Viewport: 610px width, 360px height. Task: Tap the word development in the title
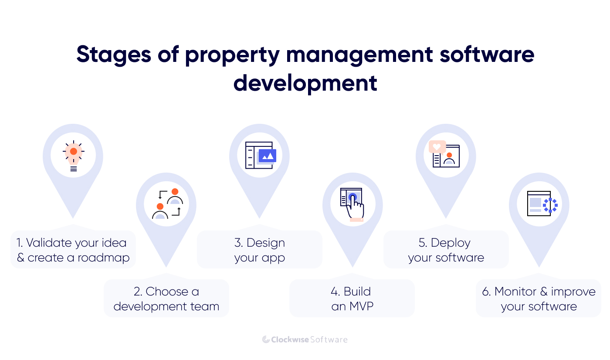pyautogui.click(x=305, y=83)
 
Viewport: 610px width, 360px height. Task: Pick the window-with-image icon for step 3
pyautogui.click(x=260, y=155)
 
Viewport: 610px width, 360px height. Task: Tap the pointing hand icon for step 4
pyautogui.click(x=353, y=204)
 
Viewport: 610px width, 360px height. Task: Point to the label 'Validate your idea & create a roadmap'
pyautogui.click(x=73, y=250)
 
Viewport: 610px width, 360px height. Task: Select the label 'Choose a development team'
pyautogui.click(x=166, y=299)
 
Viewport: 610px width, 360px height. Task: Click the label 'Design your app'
pyautogui.click(x=260, y=250)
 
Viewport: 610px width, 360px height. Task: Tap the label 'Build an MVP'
pyautogui.click(x=352, y=299)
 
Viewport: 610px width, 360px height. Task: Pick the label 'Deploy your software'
pyautogui.click(x=446, y=250)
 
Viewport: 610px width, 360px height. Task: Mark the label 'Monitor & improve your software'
pyautogui.click(x=539, y=299)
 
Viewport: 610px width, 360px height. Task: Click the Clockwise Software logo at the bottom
pyautogui.click(x=305, y=340)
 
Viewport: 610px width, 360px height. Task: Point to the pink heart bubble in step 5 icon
pyautogui.click(x=437, y=147)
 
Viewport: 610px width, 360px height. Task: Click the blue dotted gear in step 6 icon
pyautogui.click(x=550, y=205)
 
